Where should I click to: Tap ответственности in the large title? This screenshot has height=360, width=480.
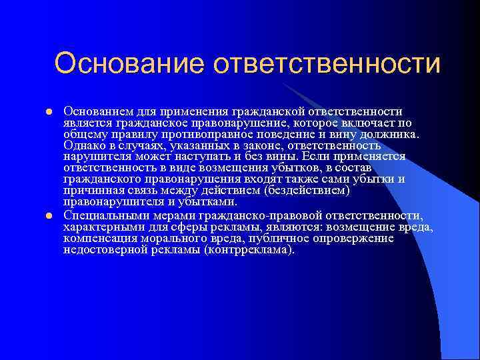coord(327,64)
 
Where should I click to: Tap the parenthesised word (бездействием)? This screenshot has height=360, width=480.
coord(305,191)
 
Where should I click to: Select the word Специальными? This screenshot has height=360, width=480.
coord(103,215)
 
